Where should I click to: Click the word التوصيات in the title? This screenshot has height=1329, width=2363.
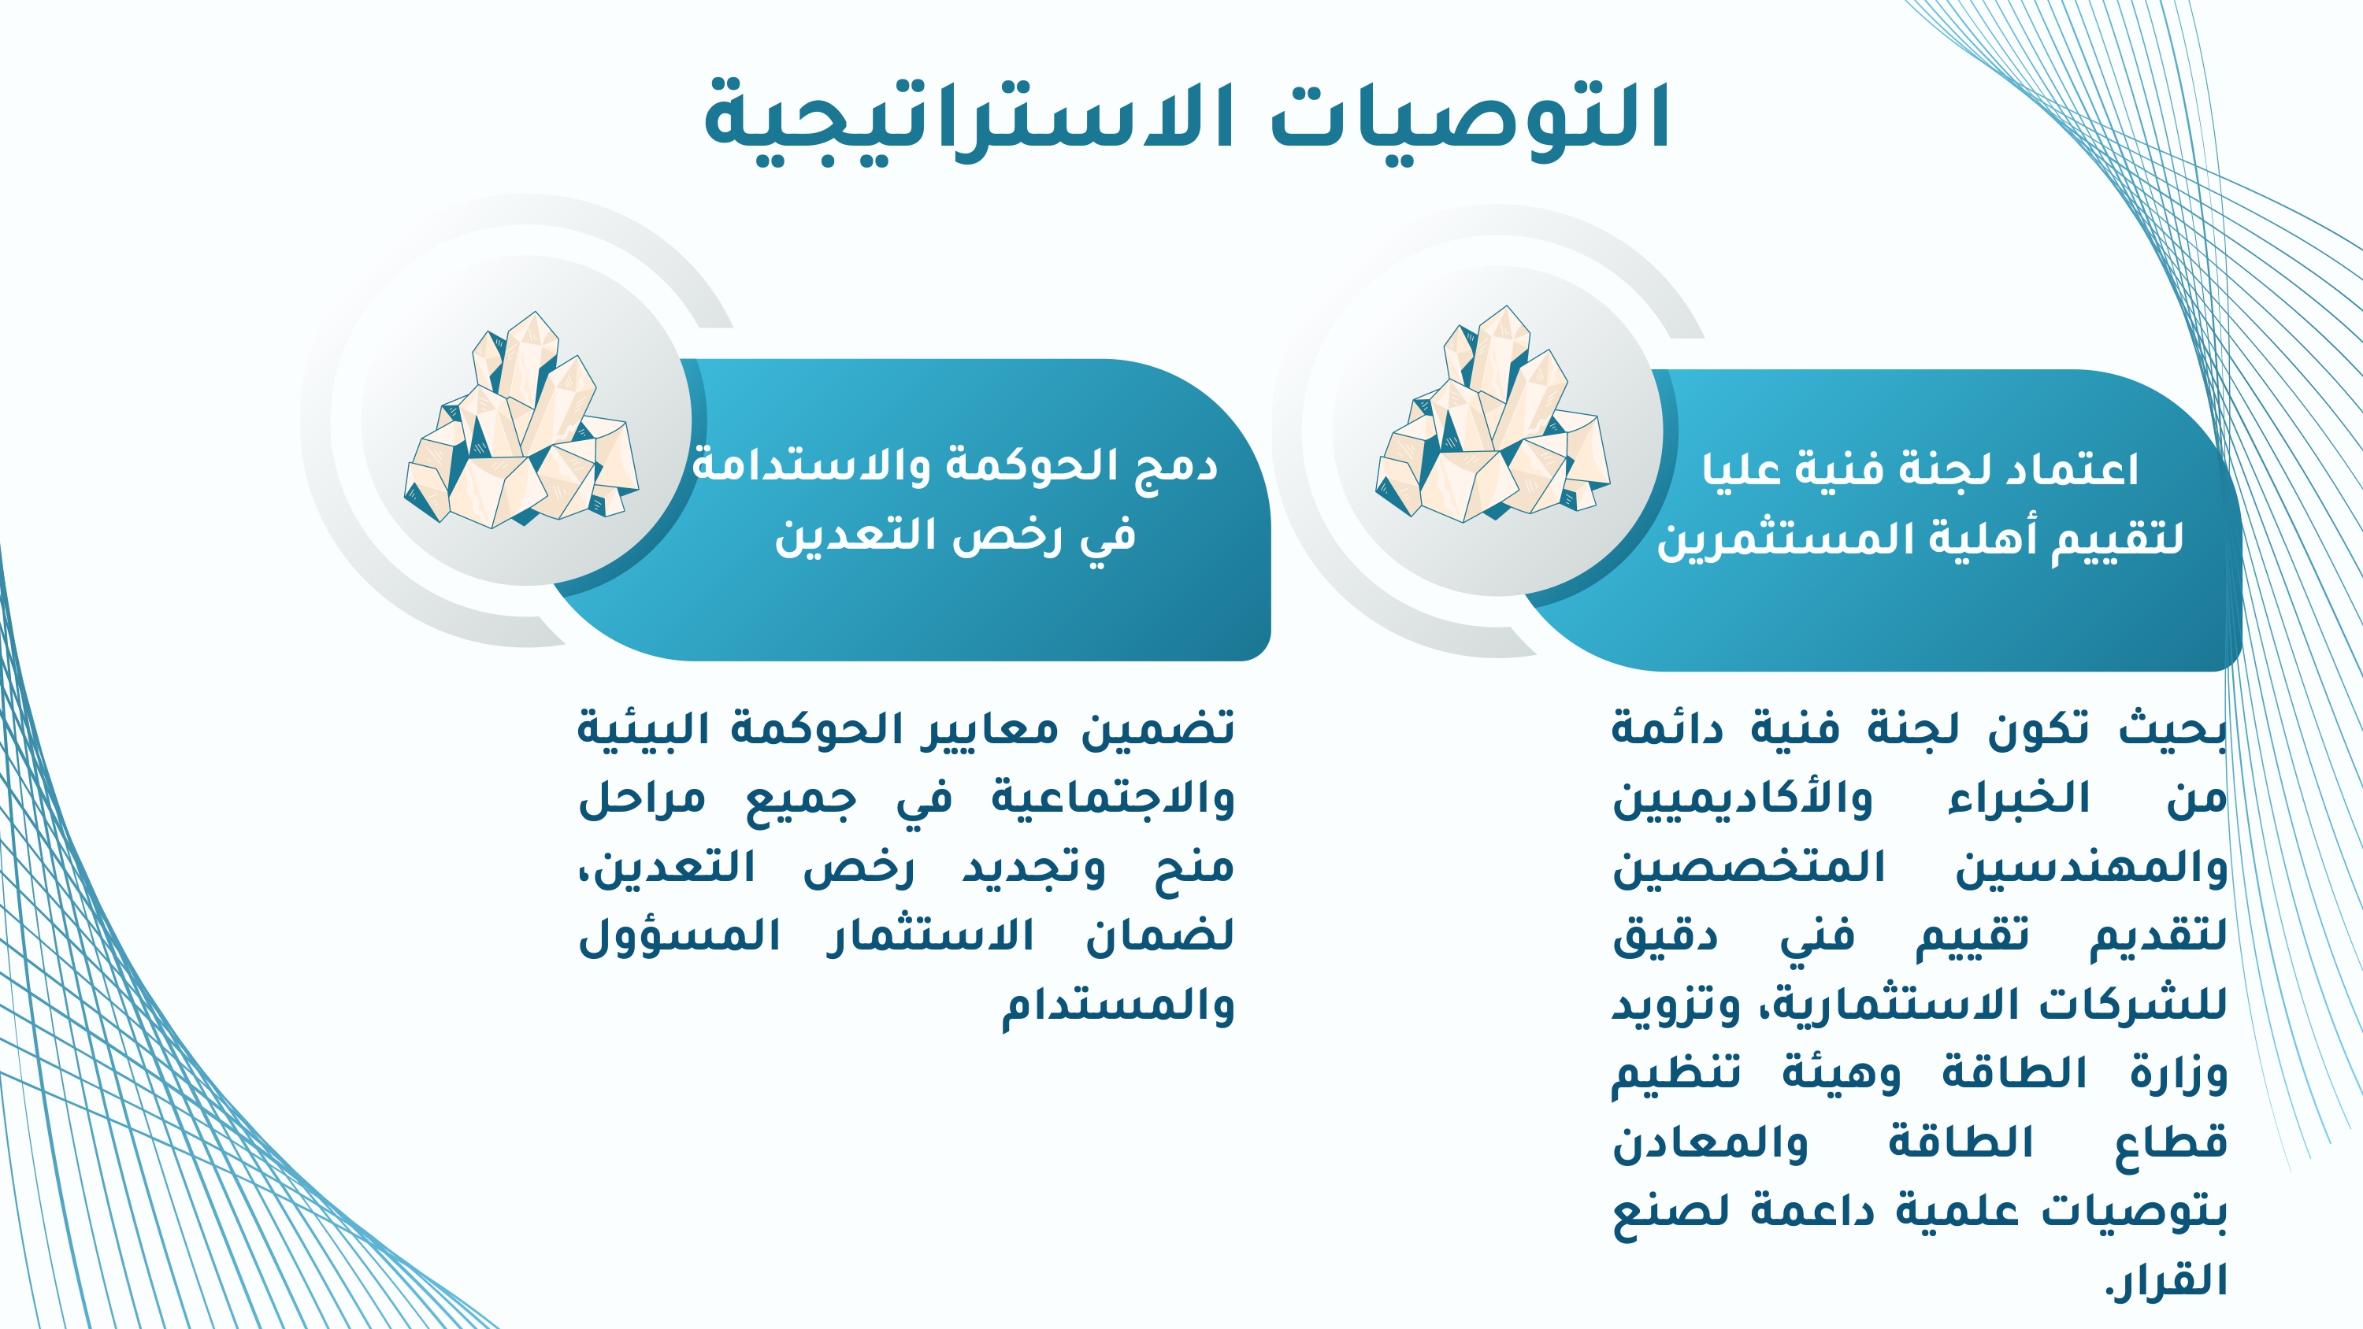pos(1470,116)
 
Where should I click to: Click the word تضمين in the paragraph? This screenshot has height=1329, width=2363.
pos(1158,730)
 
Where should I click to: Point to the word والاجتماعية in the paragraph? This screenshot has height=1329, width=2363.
pos(1113,797)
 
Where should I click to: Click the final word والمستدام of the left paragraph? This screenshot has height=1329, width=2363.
pos(1117,1005)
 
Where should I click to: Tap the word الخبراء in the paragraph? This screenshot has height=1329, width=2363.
pos(2019,798)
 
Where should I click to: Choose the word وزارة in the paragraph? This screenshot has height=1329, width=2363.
pos(2179,1074)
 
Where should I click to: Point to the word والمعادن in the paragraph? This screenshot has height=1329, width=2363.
pos(1710,1143)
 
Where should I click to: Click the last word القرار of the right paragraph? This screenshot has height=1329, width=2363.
pos(2166,1280)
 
